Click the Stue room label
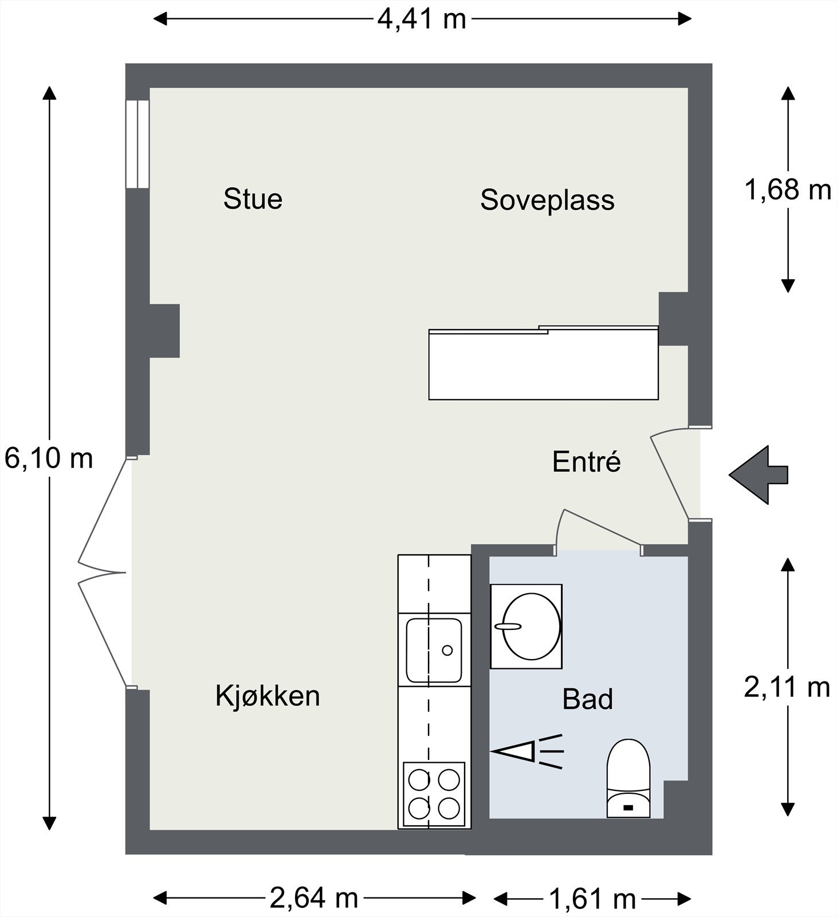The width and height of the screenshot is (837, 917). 253,199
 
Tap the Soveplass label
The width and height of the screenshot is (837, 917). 547,200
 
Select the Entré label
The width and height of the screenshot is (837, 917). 586,462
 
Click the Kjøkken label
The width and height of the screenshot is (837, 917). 268,696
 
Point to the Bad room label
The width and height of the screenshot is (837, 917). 587,699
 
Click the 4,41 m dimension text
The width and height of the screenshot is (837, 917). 422,19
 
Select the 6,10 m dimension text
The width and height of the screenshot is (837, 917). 49,458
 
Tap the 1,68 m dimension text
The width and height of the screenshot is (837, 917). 787,190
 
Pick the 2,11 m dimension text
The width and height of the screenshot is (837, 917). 787,687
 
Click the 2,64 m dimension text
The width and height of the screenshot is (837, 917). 314,898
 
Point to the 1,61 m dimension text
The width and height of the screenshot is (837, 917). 592,899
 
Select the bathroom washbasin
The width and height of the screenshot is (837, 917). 526,626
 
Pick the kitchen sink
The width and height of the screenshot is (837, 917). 434,650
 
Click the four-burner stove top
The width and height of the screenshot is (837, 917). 434,794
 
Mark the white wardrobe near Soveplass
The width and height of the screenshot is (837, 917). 543,365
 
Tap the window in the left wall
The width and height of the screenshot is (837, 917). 137,144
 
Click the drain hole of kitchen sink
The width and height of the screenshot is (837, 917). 447,650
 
